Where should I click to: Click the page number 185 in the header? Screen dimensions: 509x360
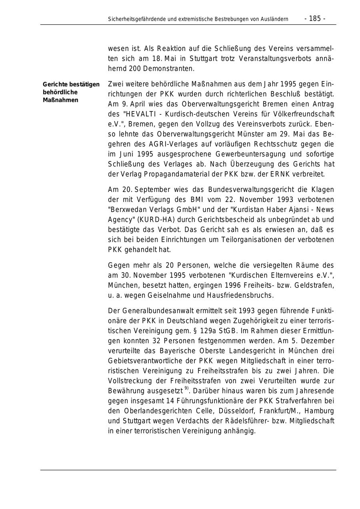(x=315, y=19)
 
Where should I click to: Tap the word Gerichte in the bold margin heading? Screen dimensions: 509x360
(x=54, y=84)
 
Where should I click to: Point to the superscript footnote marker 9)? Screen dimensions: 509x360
(x=186, y=388)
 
